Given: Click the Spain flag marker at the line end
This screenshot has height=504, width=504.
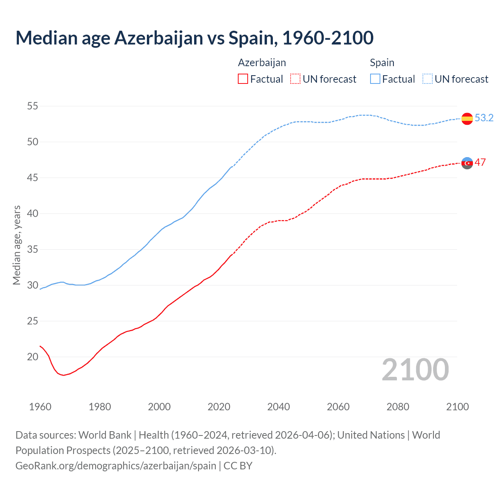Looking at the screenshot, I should point(467,119).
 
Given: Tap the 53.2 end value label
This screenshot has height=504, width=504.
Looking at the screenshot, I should point(484,118).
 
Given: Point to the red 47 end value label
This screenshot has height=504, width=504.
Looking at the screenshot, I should point(480,162).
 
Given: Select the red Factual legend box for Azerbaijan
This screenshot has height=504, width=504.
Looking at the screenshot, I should point(243,79).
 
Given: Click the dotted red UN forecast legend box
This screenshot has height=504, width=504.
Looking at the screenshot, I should point(295,79).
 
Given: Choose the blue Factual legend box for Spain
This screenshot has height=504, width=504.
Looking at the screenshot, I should point(375,79).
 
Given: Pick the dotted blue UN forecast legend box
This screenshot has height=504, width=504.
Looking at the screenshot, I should point(428,79).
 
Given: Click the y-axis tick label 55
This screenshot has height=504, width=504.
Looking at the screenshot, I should point(33,106).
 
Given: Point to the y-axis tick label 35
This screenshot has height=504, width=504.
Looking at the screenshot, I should point(33,249).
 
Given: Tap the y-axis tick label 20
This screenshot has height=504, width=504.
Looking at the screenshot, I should point(33,357).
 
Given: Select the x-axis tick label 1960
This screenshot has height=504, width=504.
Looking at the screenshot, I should point(40,407).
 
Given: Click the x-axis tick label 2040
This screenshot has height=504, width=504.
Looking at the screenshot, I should point(278,407).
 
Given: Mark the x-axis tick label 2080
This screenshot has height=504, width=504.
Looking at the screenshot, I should point(398,407).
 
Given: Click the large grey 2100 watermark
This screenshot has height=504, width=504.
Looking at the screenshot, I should point(415,369).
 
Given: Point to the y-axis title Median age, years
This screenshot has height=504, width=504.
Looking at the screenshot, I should point(17,245).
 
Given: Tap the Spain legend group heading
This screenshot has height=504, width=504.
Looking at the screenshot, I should point(382,63).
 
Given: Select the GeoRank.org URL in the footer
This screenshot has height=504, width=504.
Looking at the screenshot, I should point(116,465).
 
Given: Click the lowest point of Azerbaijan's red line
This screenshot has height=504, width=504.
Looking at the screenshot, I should point(63,375).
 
